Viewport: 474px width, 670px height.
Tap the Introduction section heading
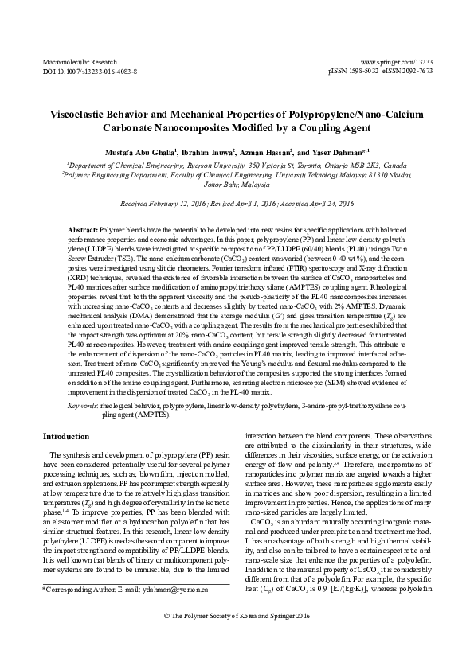[66, 436]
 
